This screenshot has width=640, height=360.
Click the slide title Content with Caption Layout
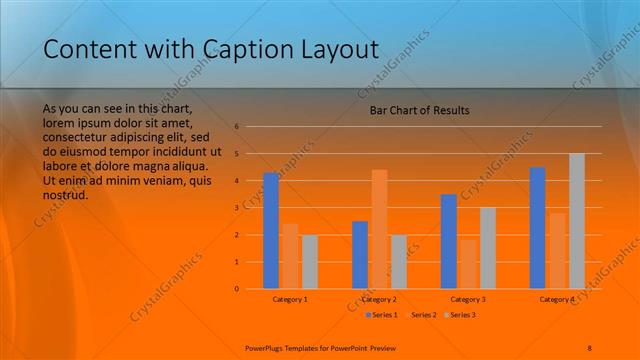pyautogui.click(x=211, y=49)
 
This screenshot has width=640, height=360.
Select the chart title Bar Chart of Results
pyautogui.click(x=413, y=110)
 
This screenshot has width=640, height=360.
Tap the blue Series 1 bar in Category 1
pyautogui.click(x=271, y=231)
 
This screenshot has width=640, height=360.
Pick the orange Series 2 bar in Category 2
pyautogui.click(x=379, y=229)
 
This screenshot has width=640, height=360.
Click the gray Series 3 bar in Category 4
pyautogui.click(x=576, y=221)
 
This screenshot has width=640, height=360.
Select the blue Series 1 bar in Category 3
pyautogui.click(x=448, y=241)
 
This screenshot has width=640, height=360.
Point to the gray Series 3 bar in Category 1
pyautogui.click(x=310, y=262)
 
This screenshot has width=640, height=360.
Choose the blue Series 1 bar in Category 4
pyautogui.click(x=537, y=228)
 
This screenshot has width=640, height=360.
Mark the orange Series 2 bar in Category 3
pyautogui.click(x=468, y=264)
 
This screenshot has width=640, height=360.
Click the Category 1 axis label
pyautogui.click(x=290, y=299)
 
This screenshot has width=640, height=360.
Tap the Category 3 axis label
pyautogui.click(x=468, y=299)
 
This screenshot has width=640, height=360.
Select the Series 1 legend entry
pyautogui.click(x=381, y=315)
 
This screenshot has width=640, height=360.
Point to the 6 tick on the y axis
pyautogui.click(x=237, y=127)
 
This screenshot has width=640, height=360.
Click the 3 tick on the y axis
pyautogui.click(x=237, y=208)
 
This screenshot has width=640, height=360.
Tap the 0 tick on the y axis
pyautogui.click(x=237, y=289)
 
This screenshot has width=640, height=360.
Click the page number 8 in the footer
pyautogui.click(x=589, y=347)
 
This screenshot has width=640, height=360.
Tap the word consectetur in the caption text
pyautogui.click(x=77, y=137)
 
